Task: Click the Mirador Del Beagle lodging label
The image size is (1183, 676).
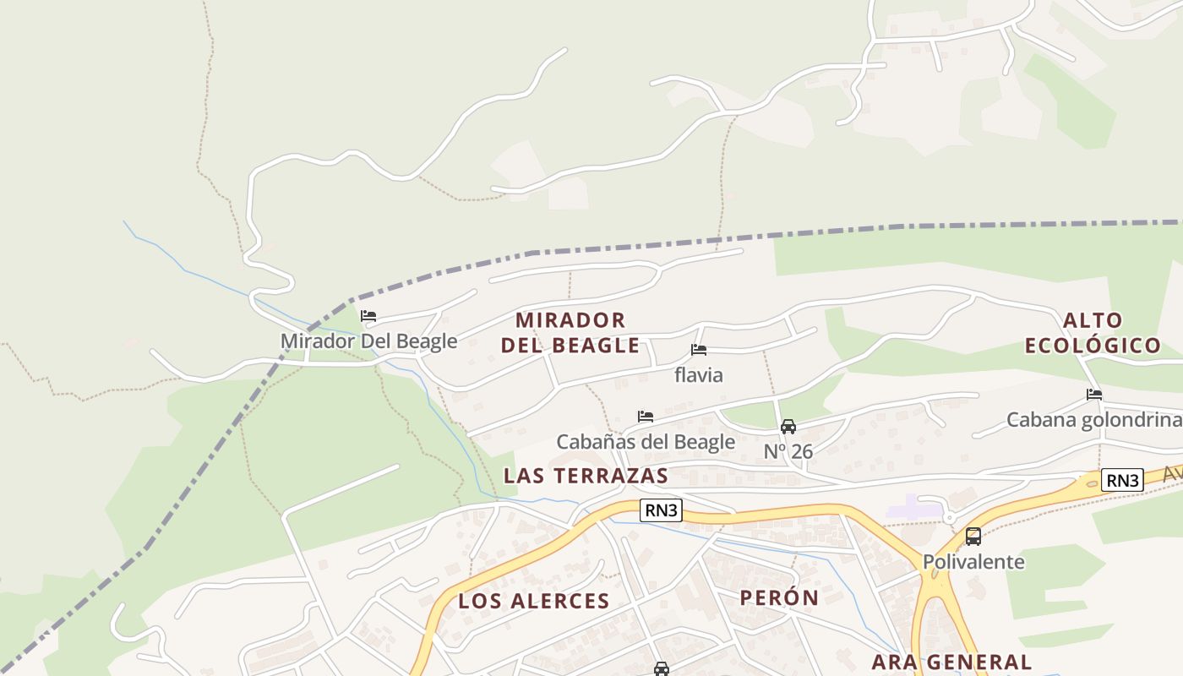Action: [x=368, y=341]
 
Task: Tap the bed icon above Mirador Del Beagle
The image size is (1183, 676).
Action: [x=368, y=317]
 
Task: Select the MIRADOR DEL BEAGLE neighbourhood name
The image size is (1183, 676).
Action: [x=570, y=333]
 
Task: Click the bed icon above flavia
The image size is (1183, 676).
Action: [x=699, y=350]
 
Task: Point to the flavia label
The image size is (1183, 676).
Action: [x=699, y=374]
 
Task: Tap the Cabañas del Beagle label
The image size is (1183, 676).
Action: [x=646, y=442]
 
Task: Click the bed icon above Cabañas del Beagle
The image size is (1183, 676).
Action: [x=646, y=417]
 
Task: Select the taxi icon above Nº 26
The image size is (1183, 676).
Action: [x=788, y=427]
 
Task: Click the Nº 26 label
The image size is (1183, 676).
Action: [x=788, y=452]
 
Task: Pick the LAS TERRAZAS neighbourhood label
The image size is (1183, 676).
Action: [x=586, y=476]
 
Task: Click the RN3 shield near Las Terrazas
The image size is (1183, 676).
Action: [x=661, y=510]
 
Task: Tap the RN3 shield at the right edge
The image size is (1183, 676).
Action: [x=1123, y=481]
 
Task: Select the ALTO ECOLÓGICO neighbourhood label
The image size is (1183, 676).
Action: [x=1093, y=333]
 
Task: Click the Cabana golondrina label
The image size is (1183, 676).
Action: [x=1093, y=420]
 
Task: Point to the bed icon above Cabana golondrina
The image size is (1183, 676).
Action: [x=1094, y=395]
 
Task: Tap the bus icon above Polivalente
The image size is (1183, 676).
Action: [x=973, y=537]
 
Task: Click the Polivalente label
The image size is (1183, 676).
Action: [x=973, y=562]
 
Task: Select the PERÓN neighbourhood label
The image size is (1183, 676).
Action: [x=779, y=598]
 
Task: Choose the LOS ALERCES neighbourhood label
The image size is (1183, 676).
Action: [x=533, y=602]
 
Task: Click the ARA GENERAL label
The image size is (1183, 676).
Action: [x=951, y=662]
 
